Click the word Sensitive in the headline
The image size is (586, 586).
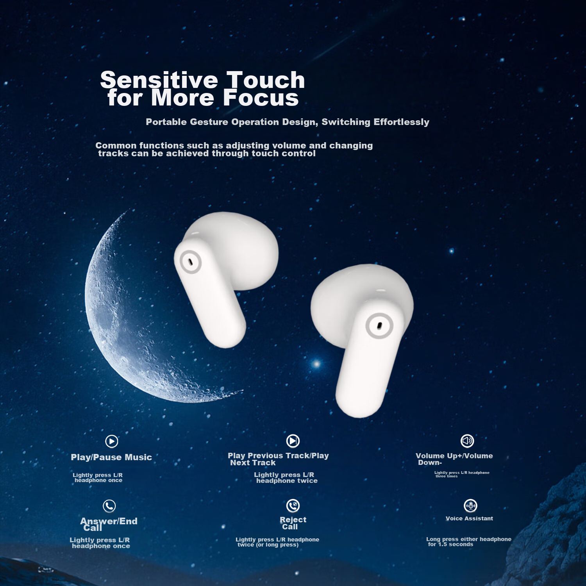point(159,80)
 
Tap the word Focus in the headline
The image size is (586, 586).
point(261,98)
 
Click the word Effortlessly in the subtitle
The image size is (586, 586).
point(401,122)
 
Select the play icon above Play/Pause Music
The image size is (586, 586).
point(112,441)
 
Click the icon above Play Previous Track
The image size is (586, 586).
point(293,441)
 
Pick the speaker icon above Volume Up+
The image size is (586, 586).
point(467,441)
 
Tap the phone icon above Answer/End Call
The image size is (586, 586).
point(109,506)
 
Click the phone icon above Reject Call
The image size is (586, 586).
point(293,506)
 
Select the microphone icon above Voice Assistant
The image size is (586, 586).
point(471,506)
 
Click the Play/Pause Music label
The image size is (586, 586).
point(111,457)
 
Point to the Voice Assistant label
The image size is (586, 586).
point(469,518)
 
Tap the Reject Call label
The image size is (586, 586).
point(293,523)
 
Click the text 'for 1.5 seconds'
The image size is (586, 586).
point(450,545)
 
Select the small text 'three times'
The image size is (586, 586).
point(446,476)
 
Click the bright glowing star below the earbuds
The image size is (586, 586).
point(316,364)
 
